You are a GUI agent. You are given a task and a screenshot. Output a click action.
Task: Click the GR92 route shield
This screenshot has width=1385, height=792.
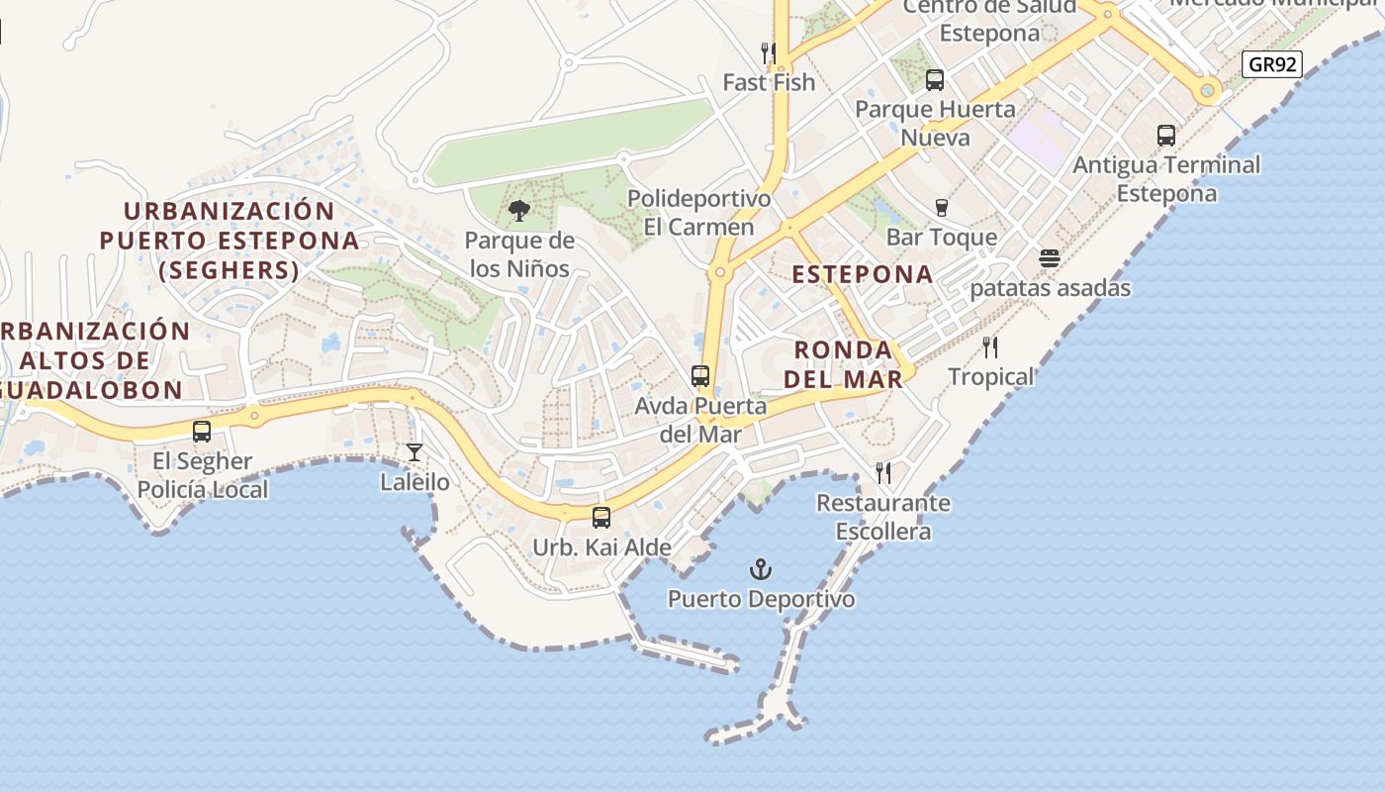click(x=1271, y=65)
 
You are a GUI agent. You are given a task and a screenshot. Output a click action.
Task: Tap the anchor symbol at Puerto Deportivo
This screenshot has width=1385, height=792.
click(x=761, y=569)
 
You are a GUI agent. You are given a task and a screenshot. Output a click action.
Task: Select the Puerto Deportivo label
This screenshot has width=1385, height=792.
click(x=761, y=599)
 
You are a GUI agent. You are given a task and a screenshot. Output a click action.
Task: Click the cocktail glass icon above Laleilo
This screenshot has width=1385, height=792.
click(x=415, y=452)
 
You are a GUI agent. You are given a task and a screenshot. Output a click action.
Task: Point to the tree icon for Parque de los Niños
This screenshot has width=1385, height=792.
click(x=518, y=211)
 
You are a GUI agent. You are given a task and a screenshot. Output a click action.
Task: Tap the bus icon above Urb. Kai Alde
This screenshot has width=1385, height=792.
click(x=600, y=517)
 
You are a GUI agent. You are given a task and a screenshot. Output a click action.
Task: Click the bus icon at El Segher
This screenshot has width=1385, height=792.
click(x=202, y=432)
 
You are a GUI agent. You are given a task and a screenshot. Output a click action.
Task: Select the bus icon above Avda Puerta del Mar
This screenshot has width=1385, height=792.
click(x=700, y=376)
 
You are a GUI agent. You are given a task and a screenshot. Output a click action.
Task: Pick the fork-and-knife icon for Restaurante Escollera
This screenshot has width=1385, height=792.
click(x=883, y=473)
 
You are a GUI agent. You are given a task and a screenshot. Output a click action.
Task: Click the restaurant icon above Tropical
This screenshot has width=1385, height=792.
click(x=990, y=347)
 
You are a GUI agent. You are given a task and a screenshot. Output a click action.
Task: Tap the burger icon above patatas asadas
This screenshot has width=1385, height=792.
click(x=1050, y=258)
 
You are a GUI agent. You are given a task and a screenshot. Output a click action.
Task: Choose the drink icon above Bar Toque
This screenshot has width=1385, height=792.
click(x=942, y=208)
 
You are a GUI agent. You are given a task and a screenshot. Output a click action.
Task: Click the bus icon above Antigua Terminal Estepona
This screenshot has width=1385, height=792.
click(x=1166, y=135)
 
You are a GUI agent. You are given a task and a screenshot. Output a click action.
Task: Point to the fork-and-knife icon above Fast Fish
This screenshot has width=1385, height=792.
click(x=768, y=52)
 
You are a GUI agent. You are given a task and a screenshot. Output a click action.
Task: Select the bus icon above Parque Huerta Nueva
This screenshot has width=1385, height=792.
click(x=934, y=80)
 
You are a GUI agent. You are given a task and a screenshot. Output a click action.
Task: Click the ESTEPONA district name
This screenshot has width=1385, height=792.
click(x=863, y=274)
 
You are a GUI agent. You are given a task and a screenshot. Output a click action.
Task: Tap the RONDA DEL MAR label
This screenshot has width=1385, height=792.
click(x=843, y=364)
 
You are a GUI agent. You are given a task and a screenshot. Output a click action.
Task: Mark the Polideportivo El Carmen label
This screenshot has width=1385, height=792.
click(x=698, y=213)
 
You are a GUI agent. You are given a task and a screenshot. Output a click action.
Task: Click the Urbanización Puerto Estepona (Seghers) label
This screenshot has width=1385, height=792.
click(x=229, y=240)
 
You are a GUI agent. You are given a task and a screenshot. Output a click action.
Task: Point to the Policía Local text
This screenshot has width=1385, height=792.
click(x=202, y=489)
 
